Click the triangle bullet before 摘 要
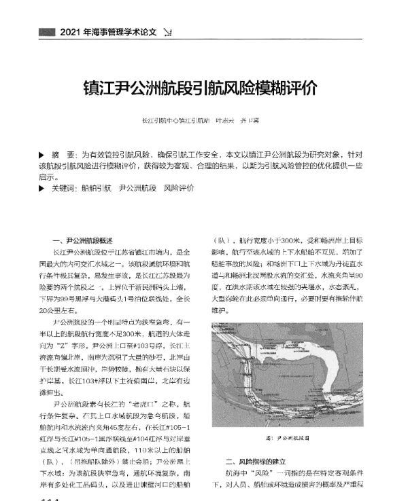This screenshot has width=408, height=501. (x=43, y=155)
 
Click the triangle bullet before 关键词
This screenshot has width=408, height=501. (x=43, y=187)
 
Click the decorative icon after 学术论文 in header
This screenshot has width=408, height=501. (x=168, y=32)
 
